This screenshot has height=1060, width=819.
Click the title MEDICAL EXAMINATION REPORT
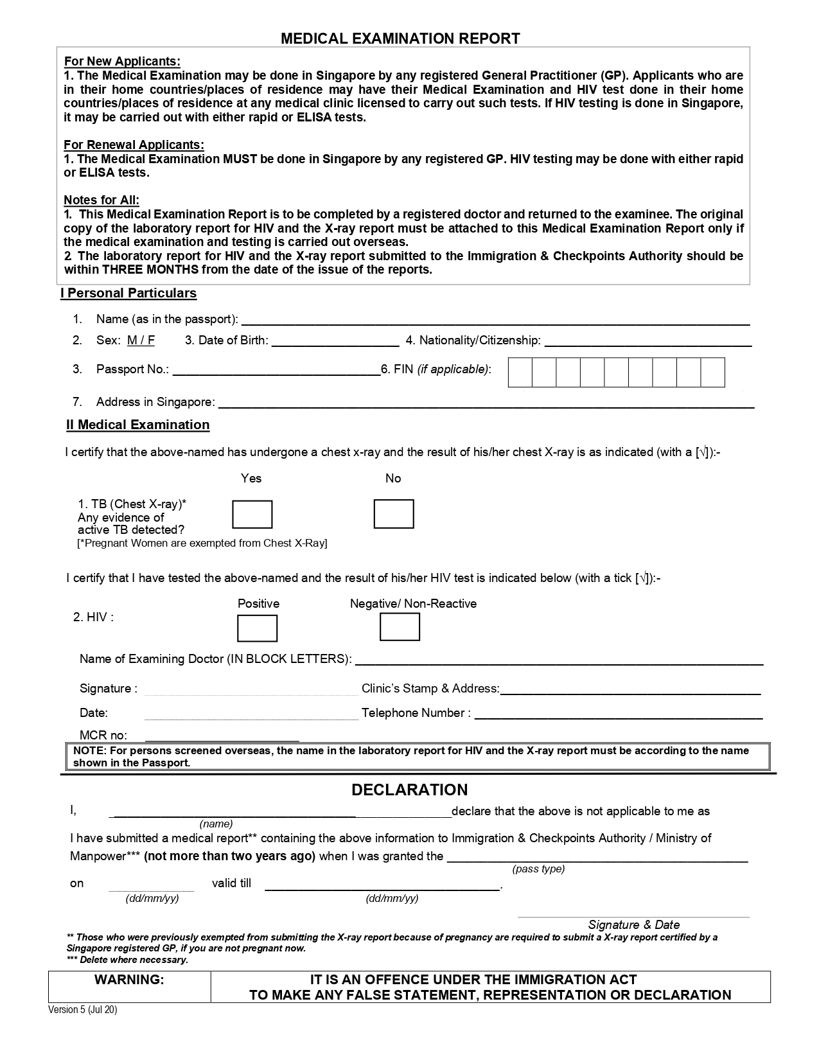point(400,39)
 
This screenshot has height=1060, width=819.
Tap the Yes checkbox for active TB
point(252,515)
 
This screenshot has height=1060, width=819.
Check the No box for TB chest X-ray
point(393,514)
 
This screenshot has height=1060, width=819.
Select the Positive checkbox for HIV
point(257,628)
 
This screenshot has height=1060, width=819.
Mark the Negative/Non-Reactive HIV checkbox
point(400,627)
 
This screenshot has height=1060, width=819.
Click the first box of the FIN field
point(520,373)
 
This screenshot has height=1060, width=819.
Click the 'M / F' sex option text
point(141,340)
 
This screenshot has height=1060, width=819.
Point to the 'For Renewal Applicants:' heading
point(134,145)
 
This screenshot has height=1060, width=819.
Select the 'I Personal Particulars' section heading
point(128,294)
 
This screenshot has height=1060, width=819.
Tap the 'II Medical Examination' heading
point(138,425)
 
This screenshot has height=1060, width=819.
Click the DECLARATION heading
point(410,790)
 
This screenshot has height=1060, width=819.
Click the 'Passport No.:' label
point(132,369)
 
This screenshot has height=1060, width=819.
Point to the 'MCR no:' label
point(103,735)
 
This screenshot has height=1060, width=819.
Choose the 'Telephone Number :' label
point(416,713)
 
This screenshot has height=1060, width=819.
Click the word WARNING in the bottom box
point(129,980)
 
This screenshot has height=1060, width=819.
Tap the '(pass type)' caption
point(538,869)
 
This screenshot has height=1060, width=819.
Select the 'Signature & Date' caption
point(634,924)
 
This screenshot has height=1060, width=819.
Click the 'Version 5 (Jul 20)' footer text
point(83,1010)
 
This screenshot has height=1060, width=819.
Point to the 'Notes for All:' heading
point(101,200)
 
